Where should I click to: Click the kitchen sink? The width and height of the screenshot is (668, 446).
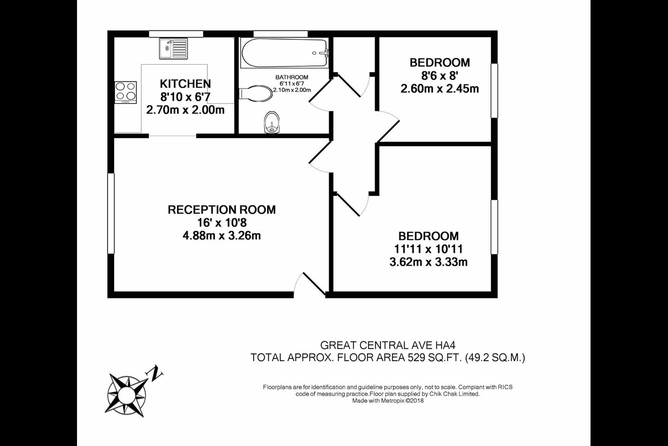point(173,48)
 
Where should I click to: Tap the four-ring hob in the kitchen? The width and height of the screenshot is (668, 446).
point(126,92)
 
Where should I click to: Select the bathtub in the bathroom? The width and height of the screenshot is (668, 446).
point(284,53)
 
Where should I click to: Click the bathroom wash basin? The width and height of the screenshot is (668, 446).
point(272,123)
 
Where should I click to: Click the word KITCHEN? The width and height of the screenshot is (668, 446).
point(185,84)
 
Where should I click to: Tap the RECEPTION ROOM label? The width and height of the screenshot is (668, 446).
point(222,210)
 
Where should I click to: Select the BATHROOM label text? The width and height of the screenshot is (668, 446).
point(292,78)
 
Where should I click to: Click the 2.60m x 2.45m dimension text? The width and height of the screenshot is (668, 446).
point(440,89)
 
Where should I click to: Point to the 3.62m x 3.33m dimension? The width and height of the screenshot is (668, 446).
point(429,262)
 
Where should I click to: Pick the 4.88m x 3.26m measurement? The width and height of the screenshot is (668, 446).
point(222,236)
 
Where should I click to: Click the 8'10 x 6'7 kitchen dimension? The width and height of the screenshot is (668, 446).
point(185,97)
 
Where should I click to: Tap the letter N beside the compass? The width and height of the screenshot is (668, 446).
point(154,373)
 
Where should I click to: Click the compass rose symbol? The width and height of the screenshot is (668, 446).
point(127,395)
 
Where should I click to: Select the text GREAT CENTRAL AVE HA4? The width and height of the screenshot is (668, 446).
point(388,345)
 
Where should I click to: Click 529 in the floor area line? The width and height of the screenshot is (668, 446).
point(416,358)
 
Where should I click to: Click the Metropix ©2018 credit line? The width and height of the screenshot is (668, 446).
point(388,400)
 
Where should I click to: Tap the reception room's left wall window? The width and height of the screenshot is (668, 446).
point(111,214)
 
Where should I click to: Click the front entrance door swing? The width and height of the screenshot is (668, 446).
point(309,285)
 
